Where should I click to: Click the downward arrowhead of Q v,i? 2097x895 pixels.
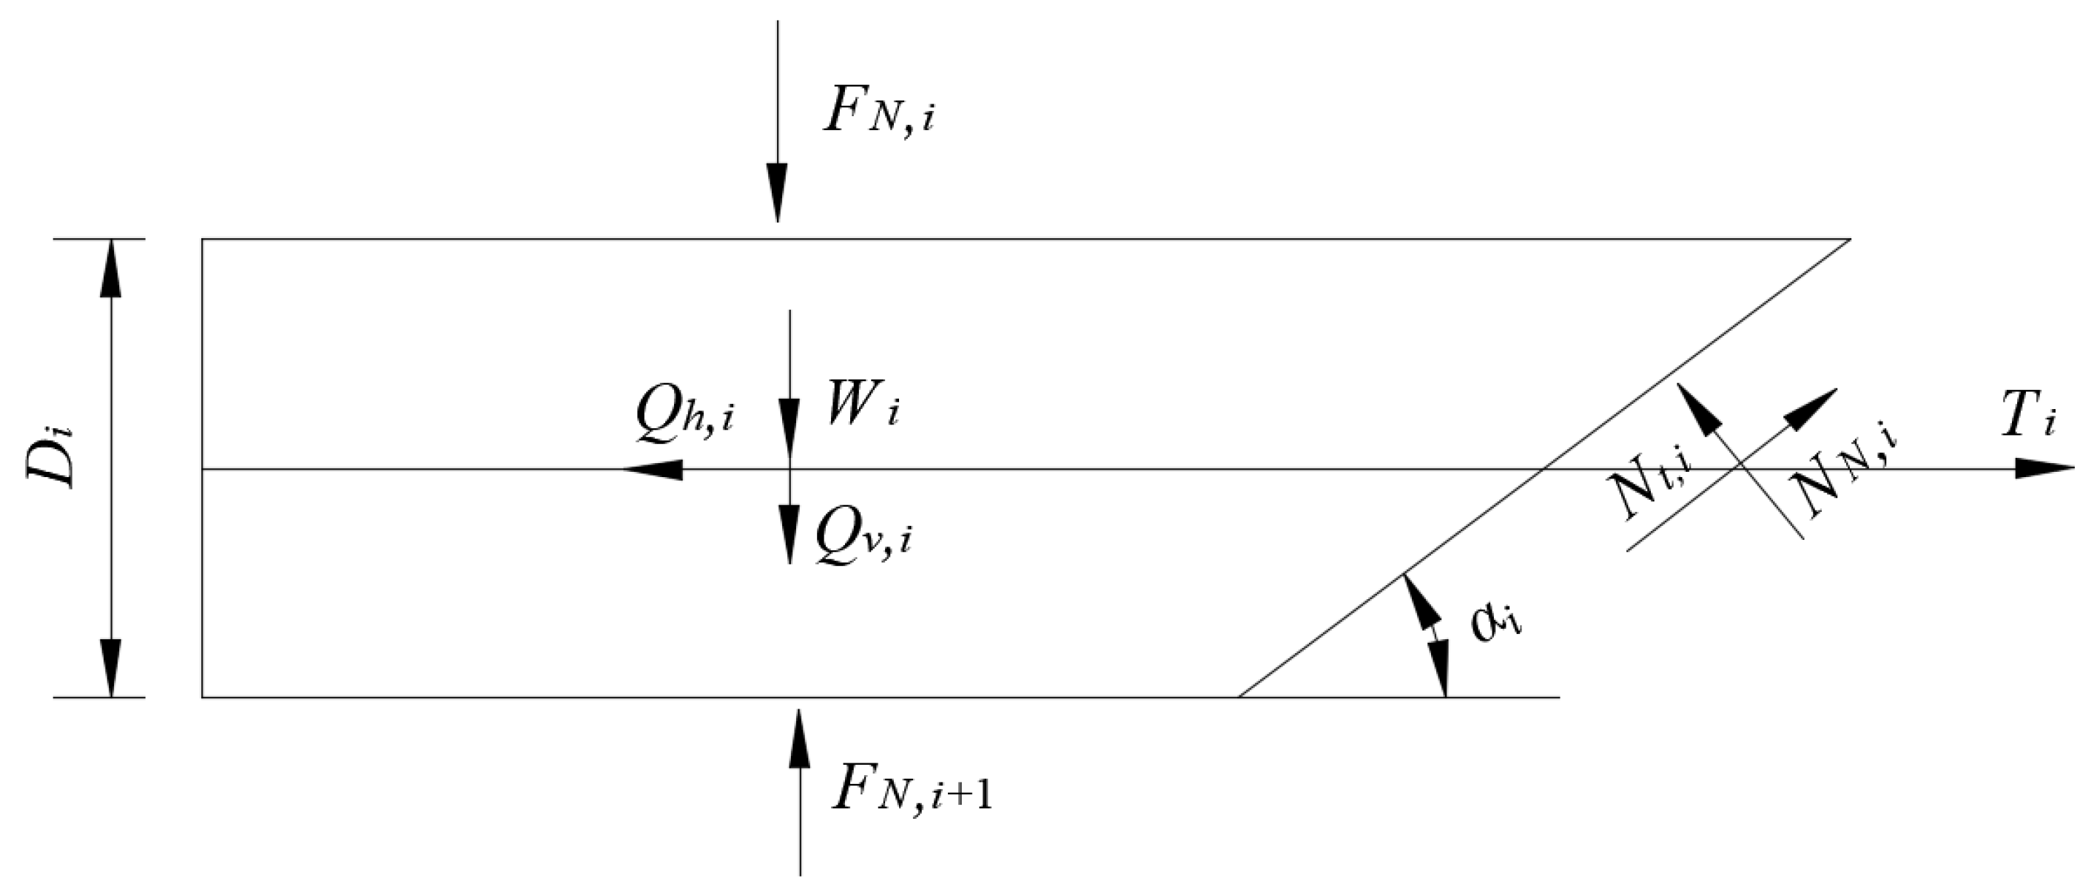[x=789, y=533]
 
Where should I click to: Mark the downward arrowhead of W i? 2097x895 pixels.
[x=789, y=428]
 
